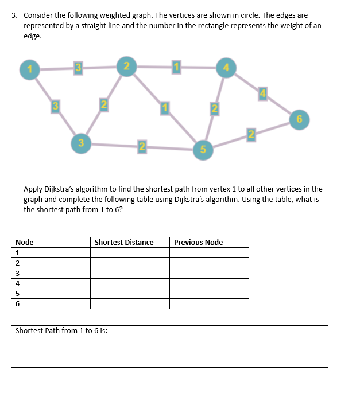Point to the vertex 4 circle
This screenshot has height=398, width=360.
[226, 68]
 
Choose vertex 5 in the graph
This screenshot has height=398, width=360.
[203, 150]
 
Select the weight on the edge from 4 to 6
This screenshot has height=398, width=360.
[263, 93]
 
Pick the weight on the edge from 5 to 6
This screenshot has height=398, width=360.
[250, 135]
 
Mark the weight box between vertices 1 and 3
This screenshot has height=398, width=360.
[55, 105]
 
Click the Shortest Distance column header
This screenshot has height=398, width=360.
[124, 242]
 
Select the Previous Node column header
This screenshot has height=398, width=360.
[198, 242]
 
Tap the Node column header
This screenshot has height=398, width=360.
[25, 242]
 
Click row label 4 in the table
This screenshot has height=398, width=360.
[18, 283]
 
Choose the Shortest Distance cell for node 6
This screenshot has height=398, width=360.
[130, 303]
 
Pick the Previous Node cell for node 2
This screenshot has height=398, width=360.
[209, 263]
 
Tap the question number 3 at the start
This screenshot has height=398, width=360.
[15, 15]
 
